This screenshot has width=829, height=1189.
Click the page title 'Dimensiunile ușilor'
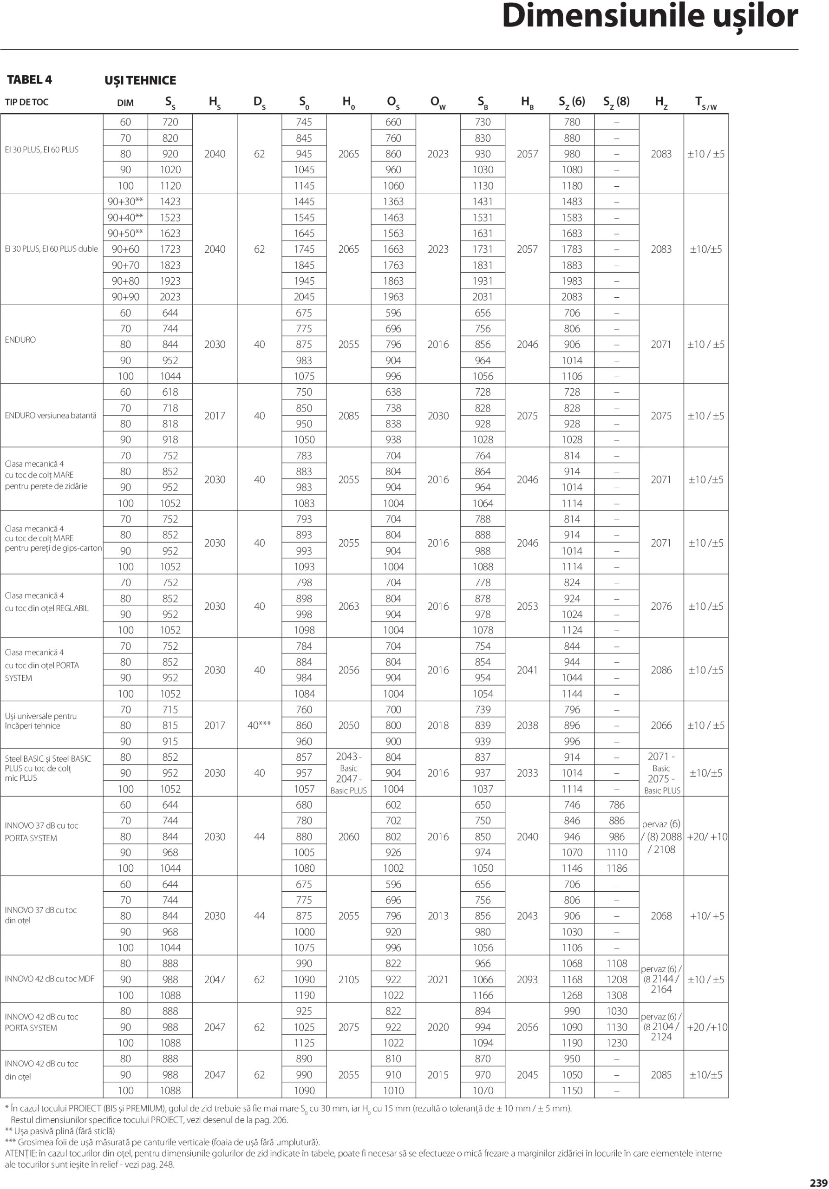point(649,16)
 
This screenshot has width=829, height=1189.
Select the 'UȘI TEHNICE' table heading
point(140,81)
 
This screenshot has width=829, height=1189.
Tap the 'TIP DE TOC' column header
point(26,102)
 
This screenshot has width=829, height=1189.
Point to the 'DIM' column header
point(125,103)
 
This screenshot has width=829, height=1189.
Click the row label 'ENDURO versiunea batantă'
point(50,415)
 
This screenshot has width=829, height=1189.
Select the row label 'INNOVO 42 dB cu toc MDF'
point(50,979)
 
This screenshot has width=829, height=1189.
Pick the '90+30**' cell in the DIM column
point(125,202)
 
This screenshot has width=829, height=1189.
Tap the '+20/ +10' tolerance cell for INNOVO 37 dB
point(706,836)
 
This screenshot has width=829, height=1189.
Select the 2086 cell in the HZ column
point(661,670)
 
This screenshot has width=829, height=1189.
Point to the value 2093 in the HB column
point(527,979)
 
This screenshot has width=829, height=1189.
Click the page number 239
point(819,1183)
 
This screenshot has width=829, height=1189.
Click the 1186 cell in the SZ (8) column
point(617,868)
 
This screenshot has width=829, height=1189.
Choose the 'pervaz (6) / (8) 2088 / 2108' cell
point(661,836)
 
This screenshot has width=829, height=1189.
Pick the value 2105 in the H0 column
point(348,979)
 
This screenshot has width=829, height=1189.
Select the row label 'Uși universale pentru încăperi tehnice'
point(41,721)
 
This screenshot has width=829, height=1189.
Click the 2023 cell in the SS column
point(170,297)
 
